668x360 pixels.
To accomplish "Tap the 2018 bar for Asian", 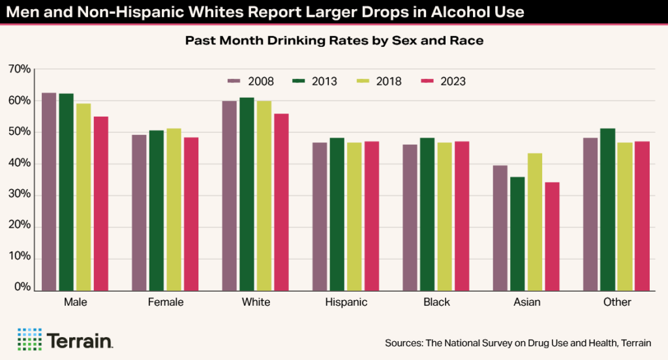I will pos(534,221).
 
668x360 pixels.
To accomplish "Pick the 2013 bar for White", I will pos(247,193).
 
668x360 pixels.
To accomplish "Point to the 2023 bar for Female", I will pos(190,213).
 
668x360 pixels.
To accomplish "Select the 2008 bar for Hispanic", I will pos(320,216).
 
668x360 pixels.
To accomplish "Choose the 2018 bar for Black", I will pos(444,216).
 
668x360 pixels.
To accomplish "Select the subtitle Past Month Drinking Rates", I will pos(333,40).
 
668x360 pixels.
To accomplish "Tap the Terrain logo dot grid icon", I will pos(29,340).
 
